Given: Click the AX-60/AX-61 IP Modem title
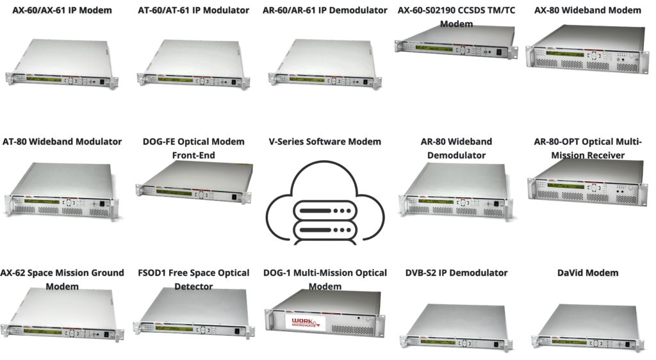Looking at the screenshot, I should pyautogui.click(x=62, y=10).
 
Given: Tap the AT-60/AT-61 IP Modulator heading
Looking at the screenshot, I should pyautogui.click(x=193, y=10).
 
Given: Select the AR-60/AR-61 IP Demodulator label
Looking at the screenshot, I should pyautogui.click(x=325, y=10).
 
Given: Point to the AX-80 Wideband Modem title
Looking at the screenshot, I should pyautogui.click(x=587, y=10).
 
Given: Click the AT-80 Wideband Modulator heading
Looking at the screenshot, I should pyautogui.click(x=62, y=142).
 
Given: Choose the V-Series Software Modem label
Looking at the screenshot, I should pyautogui.click(x=325, y=142).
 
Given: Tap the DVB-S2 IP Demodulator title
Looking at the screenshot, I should pyautogui.click(x=456, y=273).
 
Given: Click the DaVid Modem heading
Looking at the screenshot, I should pyautogui.click(x=587, y=273).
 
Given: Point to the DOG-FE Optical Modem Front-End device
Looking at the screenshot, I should pyautogui.click(x=193, y=183).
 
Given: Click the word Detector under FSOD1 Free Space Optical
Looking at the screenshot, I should pyautogui.click(x=193, y=286).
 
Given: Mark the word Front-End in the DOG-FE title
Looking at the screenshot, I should pyautogui.click(x=193, y=156).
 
